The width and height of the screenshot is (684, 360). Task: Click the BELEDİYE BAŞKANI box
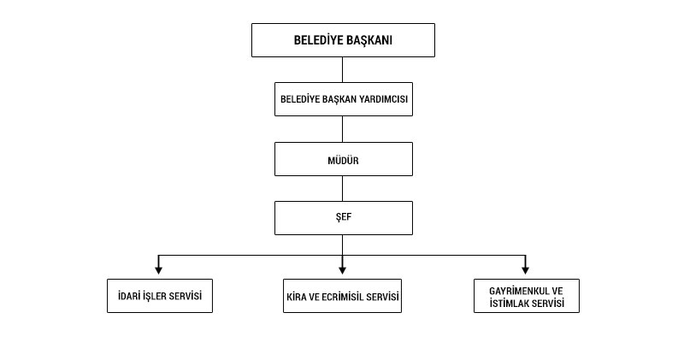[343, 39]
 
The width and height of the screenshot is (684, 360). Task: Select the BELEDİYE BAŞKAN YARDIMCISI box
[343, 99]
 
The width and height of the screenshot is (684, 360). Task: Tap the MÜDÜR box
[343, 159]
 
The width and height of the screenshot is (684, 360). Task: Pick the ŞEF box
[343, 217]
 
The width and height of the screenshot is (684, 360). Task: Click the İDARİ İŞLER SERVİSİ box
[159, 296]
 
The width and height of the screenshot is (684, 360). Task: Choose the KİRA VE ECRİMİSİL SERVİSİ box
[343, 296]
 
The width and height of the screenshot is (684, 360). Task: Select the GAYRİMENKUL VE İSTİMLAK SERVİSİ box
[527, 296]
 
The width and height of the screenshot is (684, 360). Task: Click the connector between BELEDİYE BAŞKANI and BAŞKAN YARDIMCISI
[343, 69]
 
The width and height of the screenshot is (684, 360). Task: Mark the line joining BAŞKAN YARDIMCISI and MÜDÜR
[343, 129]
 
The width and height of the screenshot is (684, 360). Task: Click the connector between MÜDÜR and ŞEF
[343, 188]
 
